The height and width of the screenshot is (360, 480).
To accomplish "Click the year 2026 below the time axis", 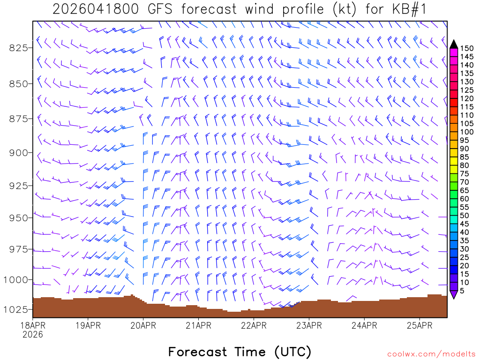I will [32, 335].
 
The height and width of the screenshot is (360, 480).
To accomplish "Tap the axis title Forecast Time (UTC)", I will [240, 352].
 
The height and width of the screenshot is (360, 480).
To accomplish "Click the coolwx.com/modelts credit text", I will [431, 354].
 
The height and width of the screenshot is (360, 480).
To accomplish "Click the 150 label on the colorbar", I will [467, 48].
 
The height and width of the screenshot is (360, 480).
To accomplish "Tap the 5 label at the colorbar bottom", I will [462, 291].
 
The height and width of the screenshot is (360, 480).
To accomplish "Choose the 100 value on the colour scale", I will [467, 132].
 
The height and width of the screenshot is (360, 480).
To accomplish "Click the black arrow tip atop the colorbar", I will [454, 44].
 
